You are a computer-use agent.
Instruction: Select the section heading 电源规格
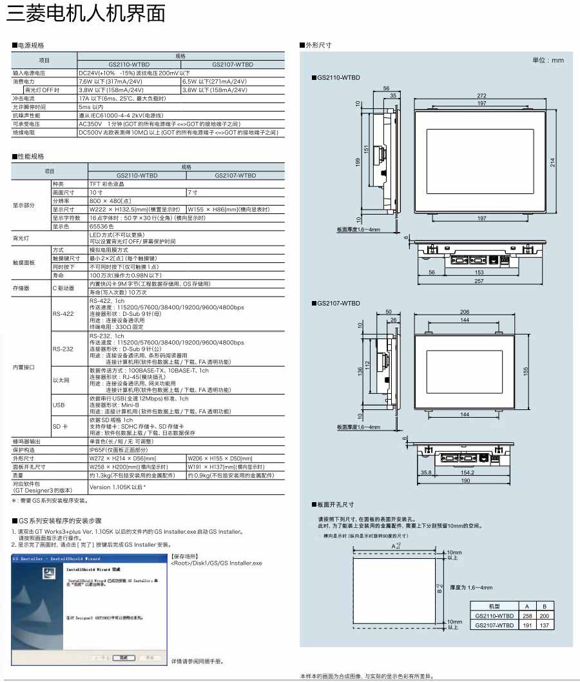(31, 46)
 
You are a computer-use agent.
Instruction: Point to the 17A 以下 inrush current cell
(122, 99)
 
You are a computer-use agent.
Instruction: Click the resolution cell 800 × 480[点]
(110, 200)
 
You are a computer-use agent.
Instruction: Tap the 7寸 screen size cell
(192, 192)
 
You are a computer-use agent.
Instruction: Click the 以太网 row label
(62, 380)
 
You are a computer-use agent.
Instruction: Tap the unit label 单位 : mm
(548, 60)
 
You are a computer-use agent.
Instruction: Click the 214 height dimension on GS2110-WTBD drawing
(552, 162)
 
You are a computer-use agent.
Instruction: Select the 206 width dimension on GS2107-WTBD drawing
(464, 311)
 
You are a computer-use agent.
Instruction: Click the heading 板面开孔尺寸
(334, 505)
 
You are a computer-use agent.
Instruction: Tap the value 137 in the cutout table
(545, 625)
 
